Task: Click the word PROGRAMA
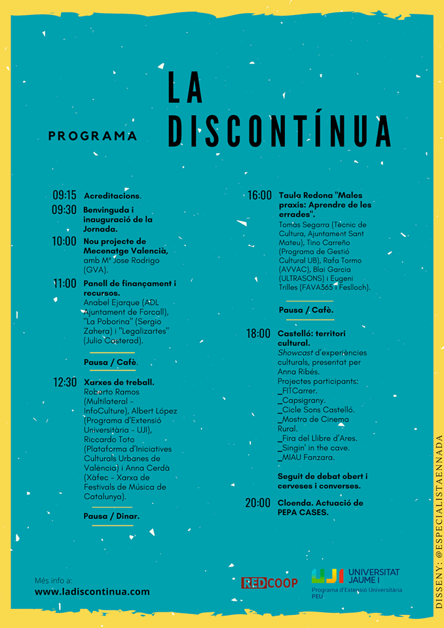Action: pyautogui.click(x=92, y=136)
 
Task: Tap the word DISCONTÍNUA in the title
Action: pyautogui.click(x=279, y=131)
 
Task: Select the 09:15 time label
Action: pyautogui.click(x=65, y=195)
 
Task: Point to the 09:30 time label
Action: pyautogui.click(x=65, y=210)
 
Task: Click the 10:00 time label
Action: pyautogui.click(x=65, y=241)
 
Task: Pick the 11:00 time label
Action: pyautogui.click(x=65, y=284)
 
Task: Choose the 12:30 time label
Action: pyautogui.click(x=65, y=382)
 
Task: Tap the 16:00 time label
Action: pyautogui.click(x=259, y=195)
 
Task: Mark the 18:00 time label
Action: pyautogui.click(x=259, y=334)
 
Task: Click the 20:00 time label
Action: pyautogui.click(x=259, y=503)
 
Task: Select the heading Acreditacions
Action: pyautogui.click(x=113, y=196)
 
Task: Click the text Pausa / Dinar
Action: pyautogui.click(x=111, y=516)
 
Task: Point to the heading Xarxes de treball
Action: pyautogui.click(x=119, y=382)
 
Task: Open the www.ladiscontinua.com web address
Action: pyautogui.click(x=92, y=591)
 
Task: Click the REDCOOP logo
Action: pyautogui.click(x=269, y=582)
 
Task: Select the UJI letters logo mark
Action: pyautogui.click(x=327, y=576)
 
